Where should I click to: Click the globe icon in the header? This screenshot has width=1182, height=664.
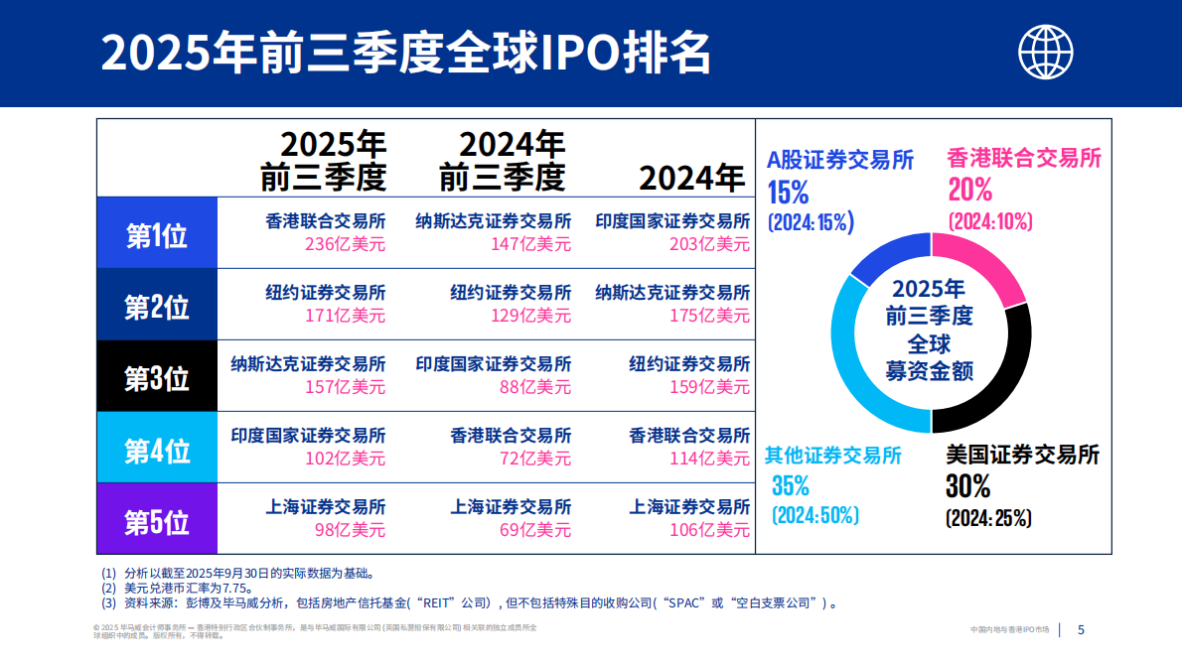click(1047, 50)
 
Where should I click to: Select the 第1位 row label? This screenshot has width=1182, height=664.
click(157, 233)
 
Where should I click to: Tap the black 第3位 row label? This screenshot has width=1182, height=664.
click(157, 377)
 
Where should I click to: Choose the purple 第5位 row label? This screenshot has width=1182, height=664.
click(157, 520)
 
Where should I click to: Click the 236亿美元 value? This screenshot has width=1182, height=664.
click(345, 244)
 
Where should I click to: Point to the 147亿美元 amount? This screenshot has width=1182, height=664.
click(530, 244)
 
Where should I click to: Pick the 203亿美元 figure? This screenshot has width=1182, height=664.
click(709, 244)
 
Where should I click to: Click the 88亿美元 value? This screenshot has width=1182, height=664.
click(535, 387)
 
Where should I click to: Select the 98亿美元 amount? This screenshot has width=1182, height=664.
click(350, 530)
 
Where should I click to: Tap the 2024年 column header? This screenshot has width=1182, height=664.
click(691, 178)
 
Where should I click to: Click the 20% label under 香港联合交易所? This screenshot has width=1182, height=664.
click(969, 190)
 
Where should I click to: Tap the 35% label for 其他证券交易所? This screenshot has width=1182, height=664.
click(791, 486)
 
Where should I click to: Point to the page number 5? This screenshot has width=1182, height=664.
click(1082, 629)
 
